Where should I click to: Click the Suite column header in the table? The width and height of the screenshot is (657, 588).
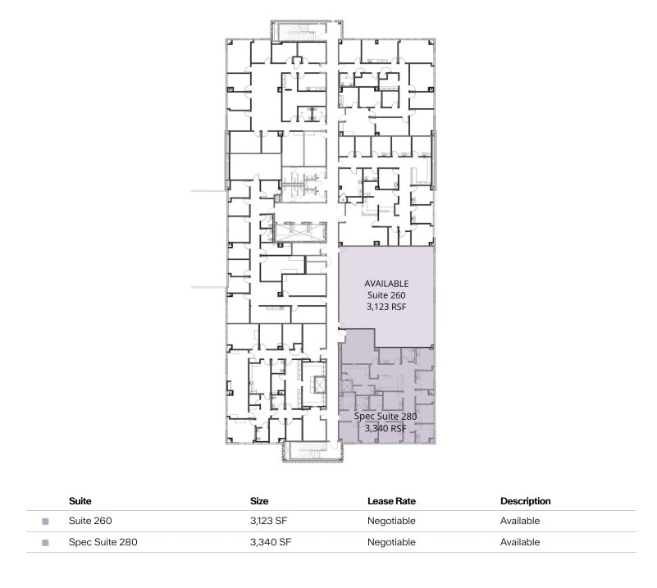click(80, 500)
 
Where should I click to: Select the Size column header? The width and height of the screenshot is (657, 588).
click(259, 500)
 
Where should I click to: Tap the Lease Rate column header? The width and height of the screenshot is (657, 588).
click(391, 500)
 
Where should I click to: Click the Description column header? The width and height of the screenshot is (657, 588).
click(525, 500)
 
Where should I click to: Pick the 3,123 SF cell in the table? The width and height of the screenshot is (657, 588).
click(270, 521)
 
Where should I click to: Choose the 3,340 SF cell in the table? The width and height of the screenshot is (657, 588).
click(270, 542)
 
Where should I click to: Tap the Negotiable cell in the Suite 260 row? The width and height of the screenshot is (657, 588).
click(391, 521)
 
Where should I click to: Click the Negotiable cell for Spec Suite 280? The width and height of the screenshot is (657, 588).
click(391, 542)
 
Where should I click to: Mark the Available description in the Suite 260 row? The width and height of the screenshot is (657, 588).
click(520, 521)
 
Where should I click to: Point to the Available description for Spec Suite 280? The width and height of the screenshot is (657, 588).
click(520, 542)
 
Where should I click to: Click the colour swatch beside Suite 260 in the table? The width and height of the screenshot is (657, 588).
click(46, 522)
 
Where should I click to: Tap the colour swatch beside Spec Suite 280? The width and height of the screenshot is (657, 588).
click(46, 543)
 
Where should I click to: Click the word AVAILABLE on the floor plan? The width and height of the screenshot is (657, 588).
click(386, 284)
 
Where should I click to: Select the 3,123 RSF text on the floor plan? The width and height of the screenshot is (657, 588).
click(386, 307)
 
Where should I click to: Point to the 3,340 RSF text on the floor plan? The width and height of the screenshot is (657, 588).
click(386, 428)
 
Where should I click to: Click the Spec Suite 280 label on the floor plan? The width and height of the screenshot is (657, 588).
click(386, 417)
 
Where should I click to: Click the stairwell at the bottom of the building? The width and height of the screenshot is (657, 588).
click(311, 452)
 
